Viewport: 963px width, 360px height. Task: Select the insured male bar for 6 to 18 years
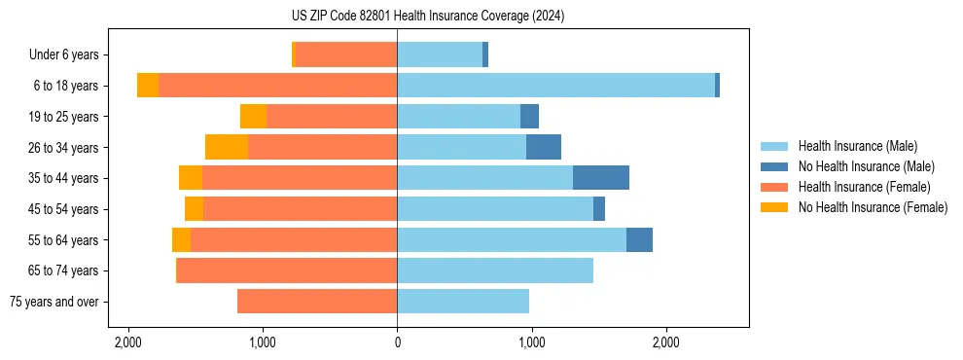[x=555, y=86]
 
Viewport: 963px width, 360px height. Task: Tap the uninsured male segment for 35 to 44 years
[x=601, y=178]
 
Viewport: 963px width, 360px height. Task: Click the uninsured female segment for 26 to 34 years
[x=227, y=147]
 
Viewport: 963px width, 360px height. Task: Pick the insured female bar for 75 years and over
[x=317, y=302]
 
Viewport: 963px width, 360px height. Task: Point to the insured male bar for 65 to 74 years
[x=495, y=270]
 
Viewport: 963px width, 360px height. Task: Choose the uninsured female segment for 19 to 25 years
[x=253, y=117]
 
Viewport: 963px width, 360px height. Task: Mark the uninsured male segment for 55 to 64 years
[x=639, y=239]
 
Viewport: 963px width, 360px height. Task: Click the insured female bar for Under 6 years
[x=346, y=54]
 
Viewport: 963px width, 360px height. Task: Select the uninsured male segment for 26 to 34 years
[x=544, y=147]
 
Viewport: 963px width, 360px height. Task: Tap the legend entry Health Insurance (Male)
[x=857, y=146]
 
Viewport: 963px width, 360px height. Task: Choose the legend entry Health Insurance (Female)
[x=864, y=187]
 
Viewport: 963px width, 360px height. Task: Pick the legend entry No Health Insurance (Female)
[x=873, y=207]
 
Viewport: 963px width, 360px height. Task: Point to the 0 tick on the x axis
[x=397, y=342]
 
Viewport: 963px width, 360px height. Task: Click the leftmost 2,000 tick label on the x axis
[x=128, y=342]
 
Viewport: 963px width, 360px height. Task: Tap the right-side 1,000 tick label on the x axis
[x=531, y=342]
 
